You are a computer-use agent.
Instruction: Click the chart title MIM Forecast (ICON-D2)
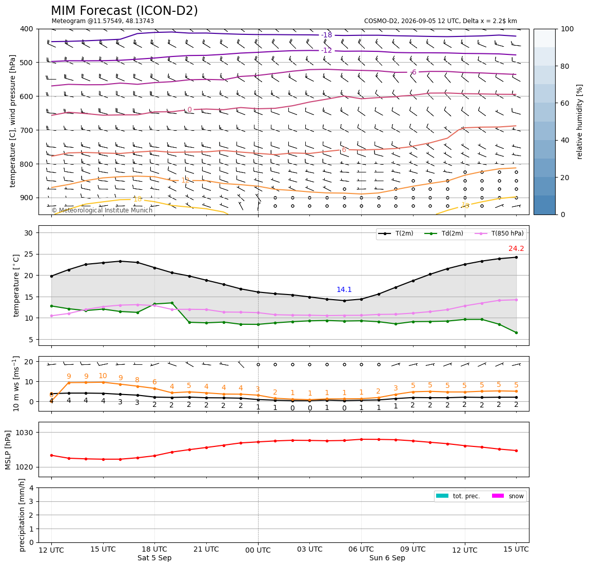click(124, 11)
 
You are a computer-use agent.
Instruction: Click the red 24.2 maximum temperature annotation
click(516, 248)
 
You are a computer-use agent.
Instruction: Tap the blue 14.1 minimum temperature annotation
click(344, 289)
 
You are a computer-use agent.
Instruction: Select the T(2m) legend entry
click(396, 233)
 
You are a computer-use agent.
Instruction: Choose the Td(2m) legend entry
click(444, 233)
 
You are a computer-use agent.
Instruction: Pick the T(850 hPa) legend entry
click(499, 233)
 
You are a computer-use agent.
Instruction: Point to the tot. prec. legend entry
click(458, 496)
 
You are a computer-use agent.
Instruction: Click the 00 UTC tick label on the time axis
click(258, 550)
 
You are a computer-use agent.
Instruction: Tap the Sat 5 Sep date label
click(154, 558)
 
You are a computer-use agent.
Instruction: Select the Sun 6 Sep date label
click(387, 558)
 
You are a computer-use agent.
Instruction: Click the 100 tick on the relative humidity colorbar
click(567, 29)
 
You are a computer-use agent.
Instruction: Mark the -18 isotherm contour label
click(327, 35)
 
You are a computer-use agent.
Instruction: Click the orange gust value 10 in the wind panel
click(103, 376)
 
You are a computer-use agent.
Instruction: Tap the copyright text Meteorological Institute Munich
click(102, 210)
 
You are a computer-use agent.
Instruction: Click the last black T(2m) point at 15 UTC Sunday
click(516, 258)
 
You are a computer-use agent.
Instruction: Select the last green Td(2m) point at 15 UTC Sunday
click(516, 333)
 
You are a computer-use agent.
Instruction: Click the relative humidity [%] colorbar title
click(580, 122)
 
